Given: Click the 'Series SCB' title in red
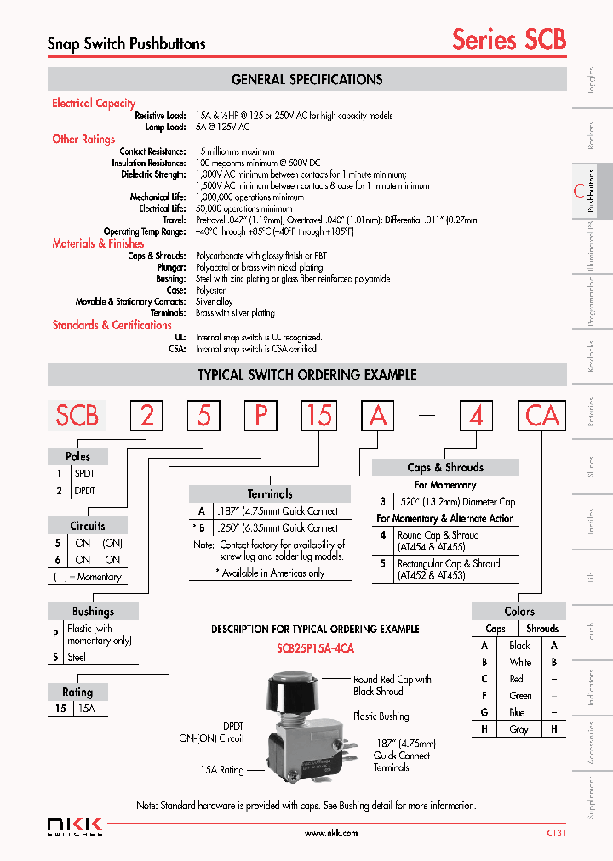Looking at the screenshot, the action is tap(508, 39).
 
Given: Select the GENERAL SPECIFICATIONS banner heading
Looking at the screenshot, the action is tap(306, 80).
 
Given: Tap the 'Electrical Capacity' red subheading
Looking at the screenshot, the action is tap(94, 103).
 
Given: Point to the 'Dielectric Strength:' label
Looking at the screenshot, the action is tap(153, 174).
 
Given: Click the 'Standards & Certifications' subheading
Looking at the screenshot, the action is tap(112, 325).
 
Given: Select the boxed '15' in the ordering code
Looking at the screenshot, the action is tap(319, 415).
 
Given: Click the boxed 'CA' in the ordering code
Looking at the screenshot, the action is tap(542, 415).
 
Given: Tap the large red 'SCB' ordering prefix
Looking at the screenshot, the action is tap(77, 415).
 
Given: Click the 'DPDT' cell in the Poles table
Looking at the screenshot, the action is tap(85, 491).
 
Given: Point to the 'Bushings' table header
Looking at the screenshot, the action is tap(93, 611).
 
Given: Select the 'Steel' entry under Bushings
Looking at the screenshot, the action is tap(77, 657).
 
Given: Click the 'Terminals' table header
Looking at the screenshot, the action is tap(269, 493).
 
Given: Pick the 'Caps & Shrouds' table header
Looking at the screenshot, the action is tap(445, 467).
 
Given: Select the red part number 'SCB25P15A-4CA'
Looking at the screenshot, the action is tap(315, 648).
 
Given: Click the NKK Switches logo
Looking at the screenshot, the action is tap(75, 826).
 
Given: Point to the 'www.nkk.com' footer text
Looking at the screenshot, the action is tap(330, 834).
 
